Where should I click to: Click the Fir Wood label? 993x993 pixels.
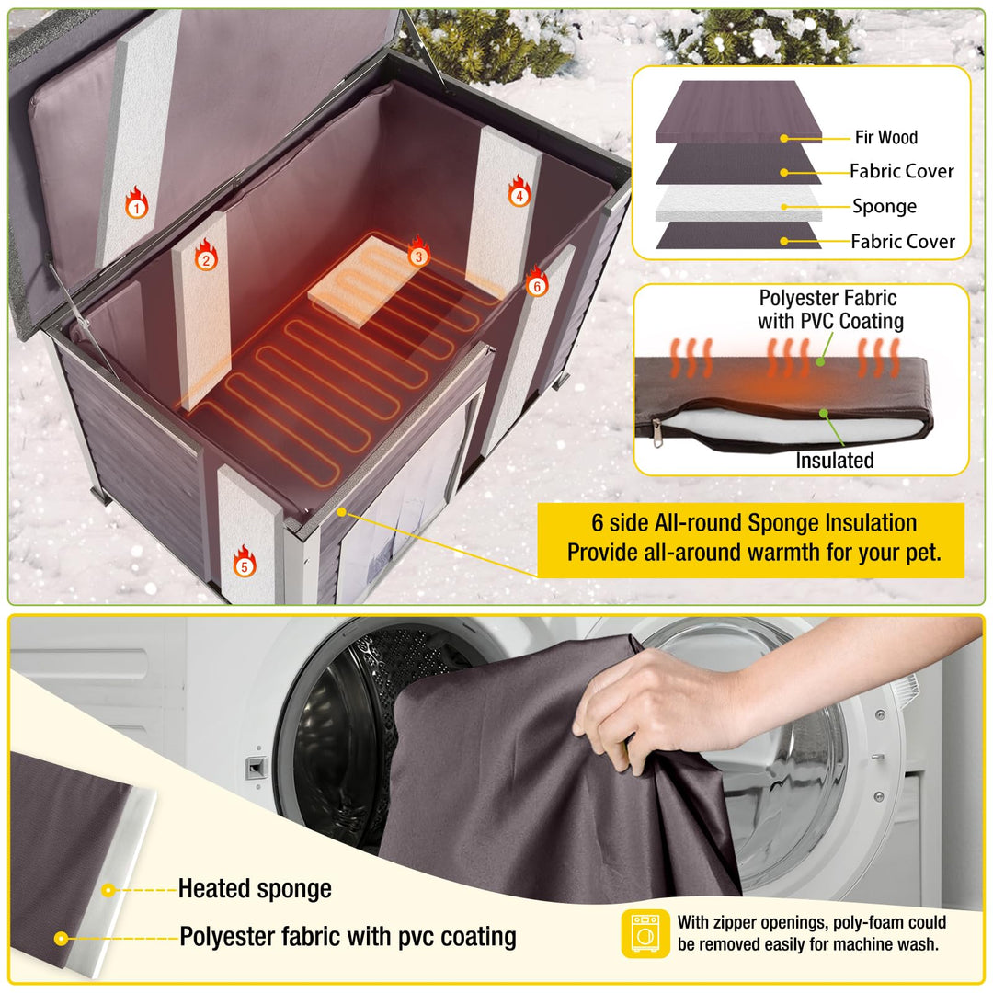coord(885,138)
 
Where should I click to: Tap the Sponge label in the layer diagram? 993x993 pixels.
coord(884,206)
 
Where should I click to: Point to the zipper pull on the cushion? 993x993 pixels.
coord(655,437)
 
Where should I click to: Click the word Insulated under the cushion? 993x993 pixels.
coord(834,461)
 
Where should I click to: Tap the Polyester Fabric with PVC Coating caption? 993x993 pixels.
coord(829,310)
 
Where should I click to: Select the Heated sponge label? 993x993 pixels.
coord(255,889)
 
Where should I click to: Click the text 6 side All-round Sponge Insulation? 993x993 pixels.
coord(753,523)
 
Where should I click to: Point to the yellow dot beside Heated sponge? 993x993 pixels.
coord(108,890)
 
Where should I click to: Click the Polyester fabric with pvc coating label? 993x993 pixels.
coord(348,937)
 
